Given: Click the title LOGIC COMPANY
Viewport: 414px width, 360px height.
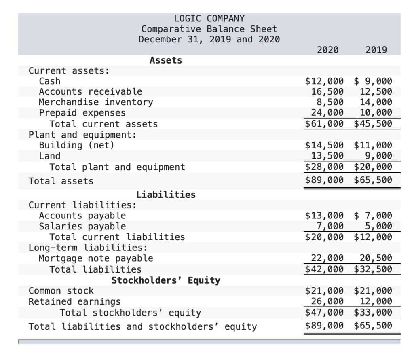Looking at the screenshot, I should tap(209, 19).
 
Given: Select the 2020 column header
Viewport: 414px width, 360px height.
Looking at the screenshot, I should tap(328, 50).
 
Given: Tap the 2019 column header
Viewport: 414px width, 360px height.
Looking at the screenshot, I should tap(376, 50).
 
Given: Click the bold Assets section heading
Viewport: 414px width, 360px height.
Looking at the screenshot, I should tap(166, 60).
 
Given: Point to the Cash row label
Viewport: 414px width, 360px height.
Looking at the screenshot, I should tap(50, 81).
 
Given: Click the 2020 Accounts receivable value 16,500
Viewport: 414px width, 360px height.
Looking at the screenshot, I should tap(327, 92).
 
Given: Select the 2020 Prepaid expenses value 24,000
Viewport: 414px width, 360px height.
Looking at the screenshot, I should tap(327, 113).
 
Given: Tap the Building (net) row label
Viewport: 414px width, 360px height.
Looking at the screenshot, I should tap(76, 145).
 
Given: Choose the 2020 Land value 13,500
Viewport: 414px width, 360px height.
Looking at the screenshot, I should tap(327, 156).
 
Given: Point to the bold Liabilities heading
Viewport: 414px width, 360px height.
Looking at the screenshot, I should tap(166, 195).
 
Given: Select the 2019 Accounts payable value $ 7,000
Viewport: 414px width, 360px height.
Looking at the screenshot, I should tap(373, 216).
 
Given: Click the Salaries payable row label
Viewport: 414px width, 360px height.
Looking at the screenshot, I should tap(82, 226).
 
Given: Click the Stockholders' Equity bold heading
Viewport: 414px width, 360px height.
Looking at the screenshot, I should tap(166, 280).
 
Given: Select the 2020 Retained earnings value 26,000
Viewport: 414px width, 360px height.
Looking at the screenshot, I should tap(327, 301).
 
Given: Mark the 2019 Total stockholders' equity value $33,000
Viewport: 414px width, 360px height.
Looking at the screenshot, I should tap(373, 312).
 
